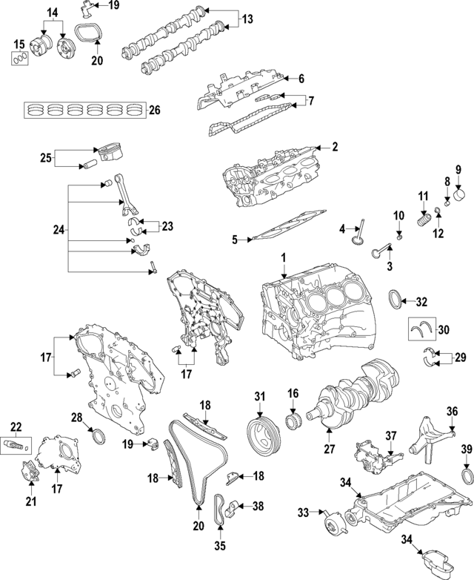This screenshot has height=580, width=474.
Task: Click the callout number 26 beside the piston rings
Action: [154, 111]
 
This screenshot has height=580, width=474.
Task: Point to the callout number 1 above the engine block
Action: [282, 257]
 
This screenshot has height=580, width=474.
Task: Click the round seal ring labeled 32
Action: [399, 300]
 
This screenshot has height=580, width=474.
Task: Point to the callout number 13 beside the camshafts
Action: [247, 17]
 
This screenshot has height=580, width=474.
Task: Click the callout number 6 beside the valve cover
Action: [301, 78]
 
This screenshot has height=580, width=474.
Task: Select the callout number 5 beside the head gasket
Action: [234, 240]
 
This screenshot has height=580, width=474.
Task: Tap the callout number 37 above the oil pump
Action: [391, 435]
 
